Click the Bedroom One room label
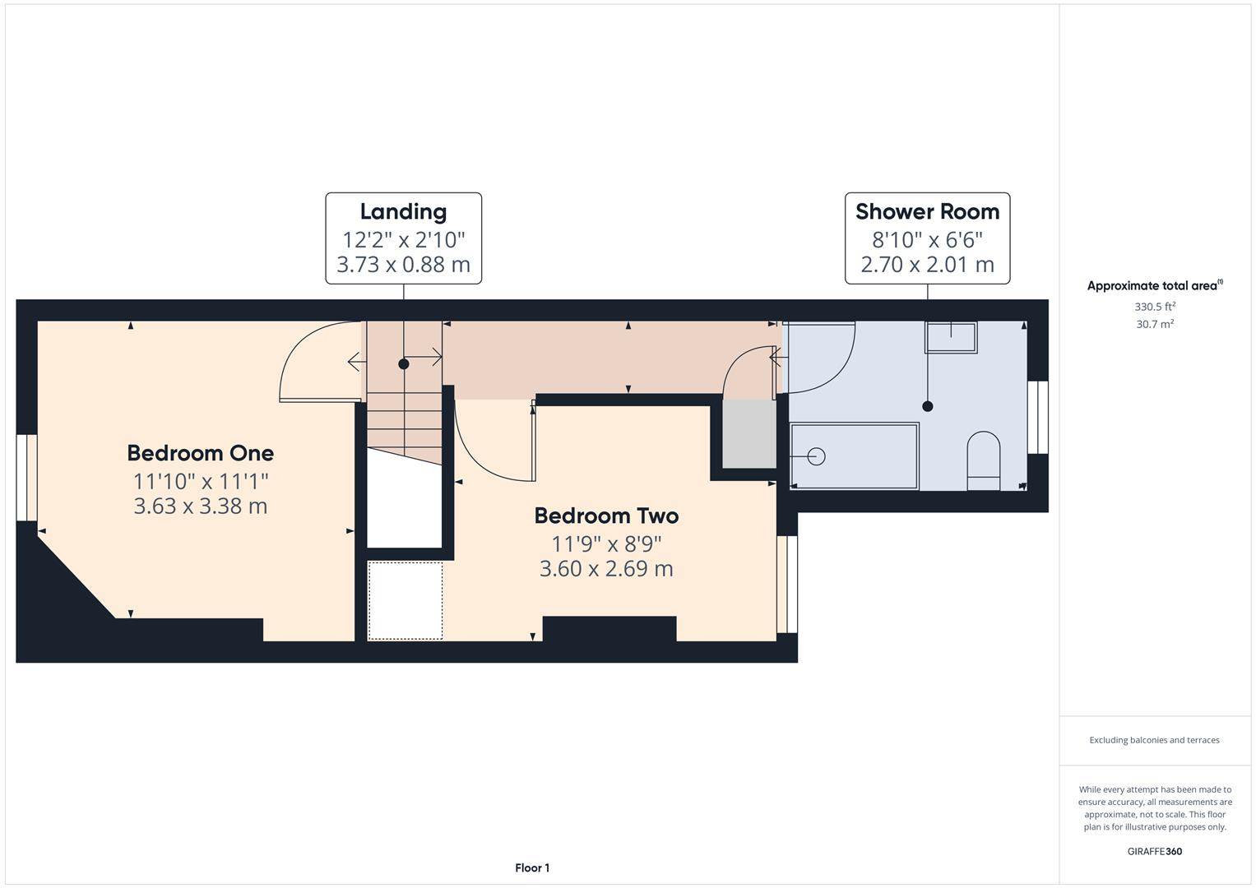pyautogui.click(x=200, y=453)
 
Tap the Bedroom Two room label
pyautogui.click(x=606, y=516)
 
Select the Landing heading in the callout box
pyautogui.click(x=403, y=212)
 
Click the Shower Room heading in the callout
pyautogui.click(x=928, y=212)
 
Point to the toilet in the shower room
pyautogui.click(x=984, y=460)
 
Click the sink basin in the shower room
pyautogui.click(x=951, y=337)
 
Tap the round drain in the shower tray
pyautogui.click(x=817, y=457)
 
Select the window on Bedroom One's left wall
pyautogui.click(x=26, y=478)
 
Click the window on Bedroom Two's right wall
pyautogui.click(x=787, y=585)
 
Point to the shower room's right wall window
pyautogui.click(x=1038, y=417)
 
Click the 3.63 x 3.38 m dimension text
pyautogui.click(x=200, y=506)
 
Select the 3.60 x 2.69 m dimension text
pyautogui.click(x=606, y=569)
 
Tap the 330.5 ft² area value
pyautogui.click(x=1155, y=307)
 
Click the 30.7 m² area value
pyautogui.click(x=1155, y=324)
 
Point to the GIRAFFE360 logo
pyautogui.click(x=1155, y=851)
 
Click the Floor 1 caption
pyautogui.click(x=532, y=867)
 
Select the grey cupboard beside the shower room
pyautogui.click(x=749, y=434)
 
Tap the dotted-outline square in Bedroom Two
pyautogui.click(x=405, y=600)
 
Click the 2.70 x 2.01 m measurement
pyautogui.click(x=928, y=265)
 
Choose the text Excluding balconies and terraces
pyautogui.click(x=1155, y=740)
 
